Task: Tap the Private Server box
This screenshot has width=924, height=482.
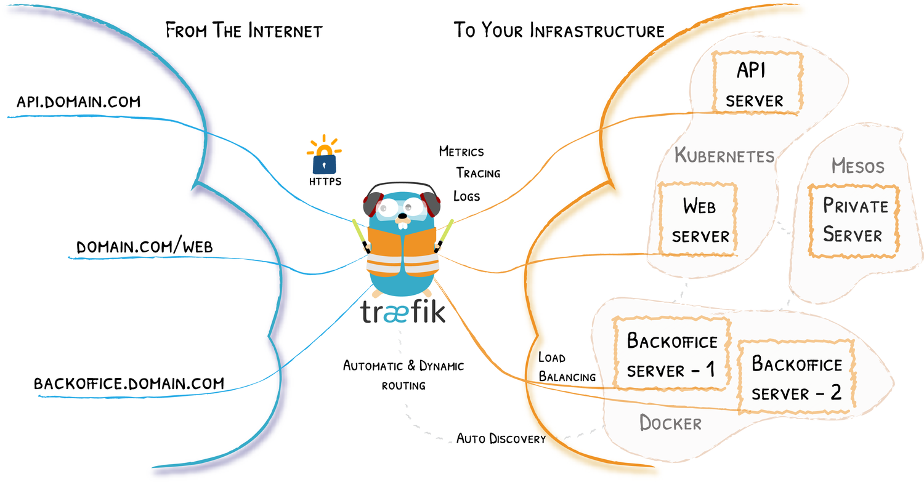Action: click(854, 220)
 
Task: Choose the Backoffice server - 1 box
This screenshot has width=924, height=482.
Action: click(672, 354)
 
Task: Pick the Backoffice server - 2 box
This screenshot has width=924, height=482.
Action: click(796, 377)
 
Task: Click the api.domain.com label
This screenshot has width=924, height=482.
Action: click(78, 102)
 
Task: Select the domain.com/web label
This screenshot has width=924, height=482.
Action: click(145, 247)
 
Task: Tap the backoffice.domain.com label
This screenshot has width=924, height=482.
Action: click(129, 384)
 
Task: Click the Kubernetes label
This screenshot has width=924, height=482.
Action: click(724, 155)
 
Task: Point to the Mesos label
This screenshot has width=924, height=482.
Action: click(857, 166)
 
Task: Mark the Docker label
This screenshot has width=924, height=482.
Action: click(670, 423)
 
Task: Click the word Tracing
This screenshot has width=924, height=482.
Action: click(478, 173)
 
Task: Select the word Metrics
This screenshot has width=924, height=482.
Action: click(461, 151)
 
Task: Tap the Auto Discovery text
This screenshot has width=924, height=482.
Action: click(501, 439)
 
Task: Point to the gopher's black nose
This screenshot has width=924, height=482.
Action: click(403, 217)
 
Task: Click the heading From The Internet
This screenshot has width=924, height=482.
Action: click(244, 31)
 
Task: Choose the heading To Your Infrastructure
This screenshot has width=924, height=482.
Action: click(559, 31)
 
